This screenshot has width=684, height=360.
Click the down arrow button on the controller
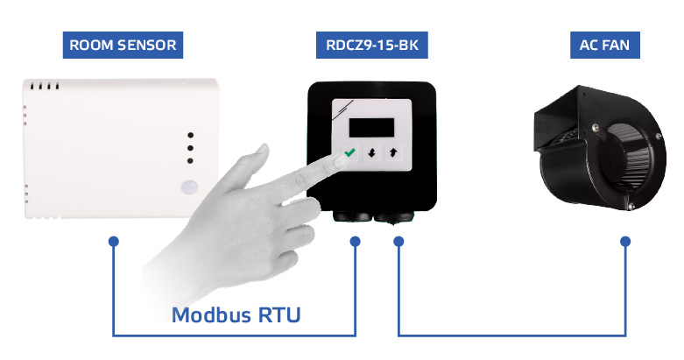pos(372,152)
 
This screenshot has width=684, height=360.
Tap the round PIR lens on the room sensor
pos(188,187)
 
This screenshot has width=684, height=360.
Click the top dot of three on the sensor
pos(190,136)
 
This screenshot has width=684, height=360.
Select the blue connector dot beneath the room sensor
pos(114,240)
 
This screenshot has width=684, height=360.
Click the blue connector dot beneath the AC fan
pos(625,240)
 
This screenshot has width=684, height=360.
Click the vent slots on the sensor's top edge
pos(43,88)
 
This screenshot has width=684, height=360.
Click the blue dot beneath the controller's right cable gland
pos(398,240)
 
